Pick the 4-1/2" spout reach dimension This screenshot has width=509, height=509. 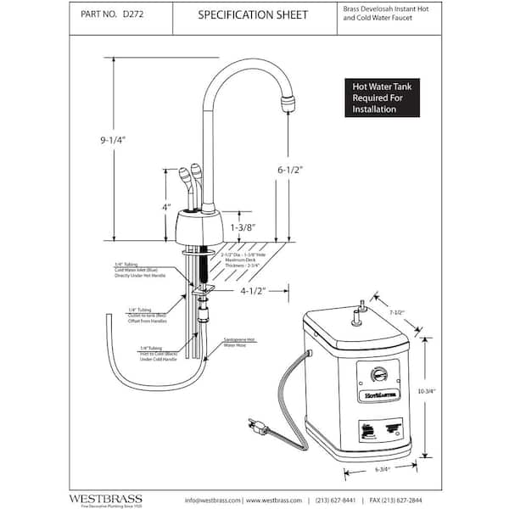(x=251, y=291)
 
